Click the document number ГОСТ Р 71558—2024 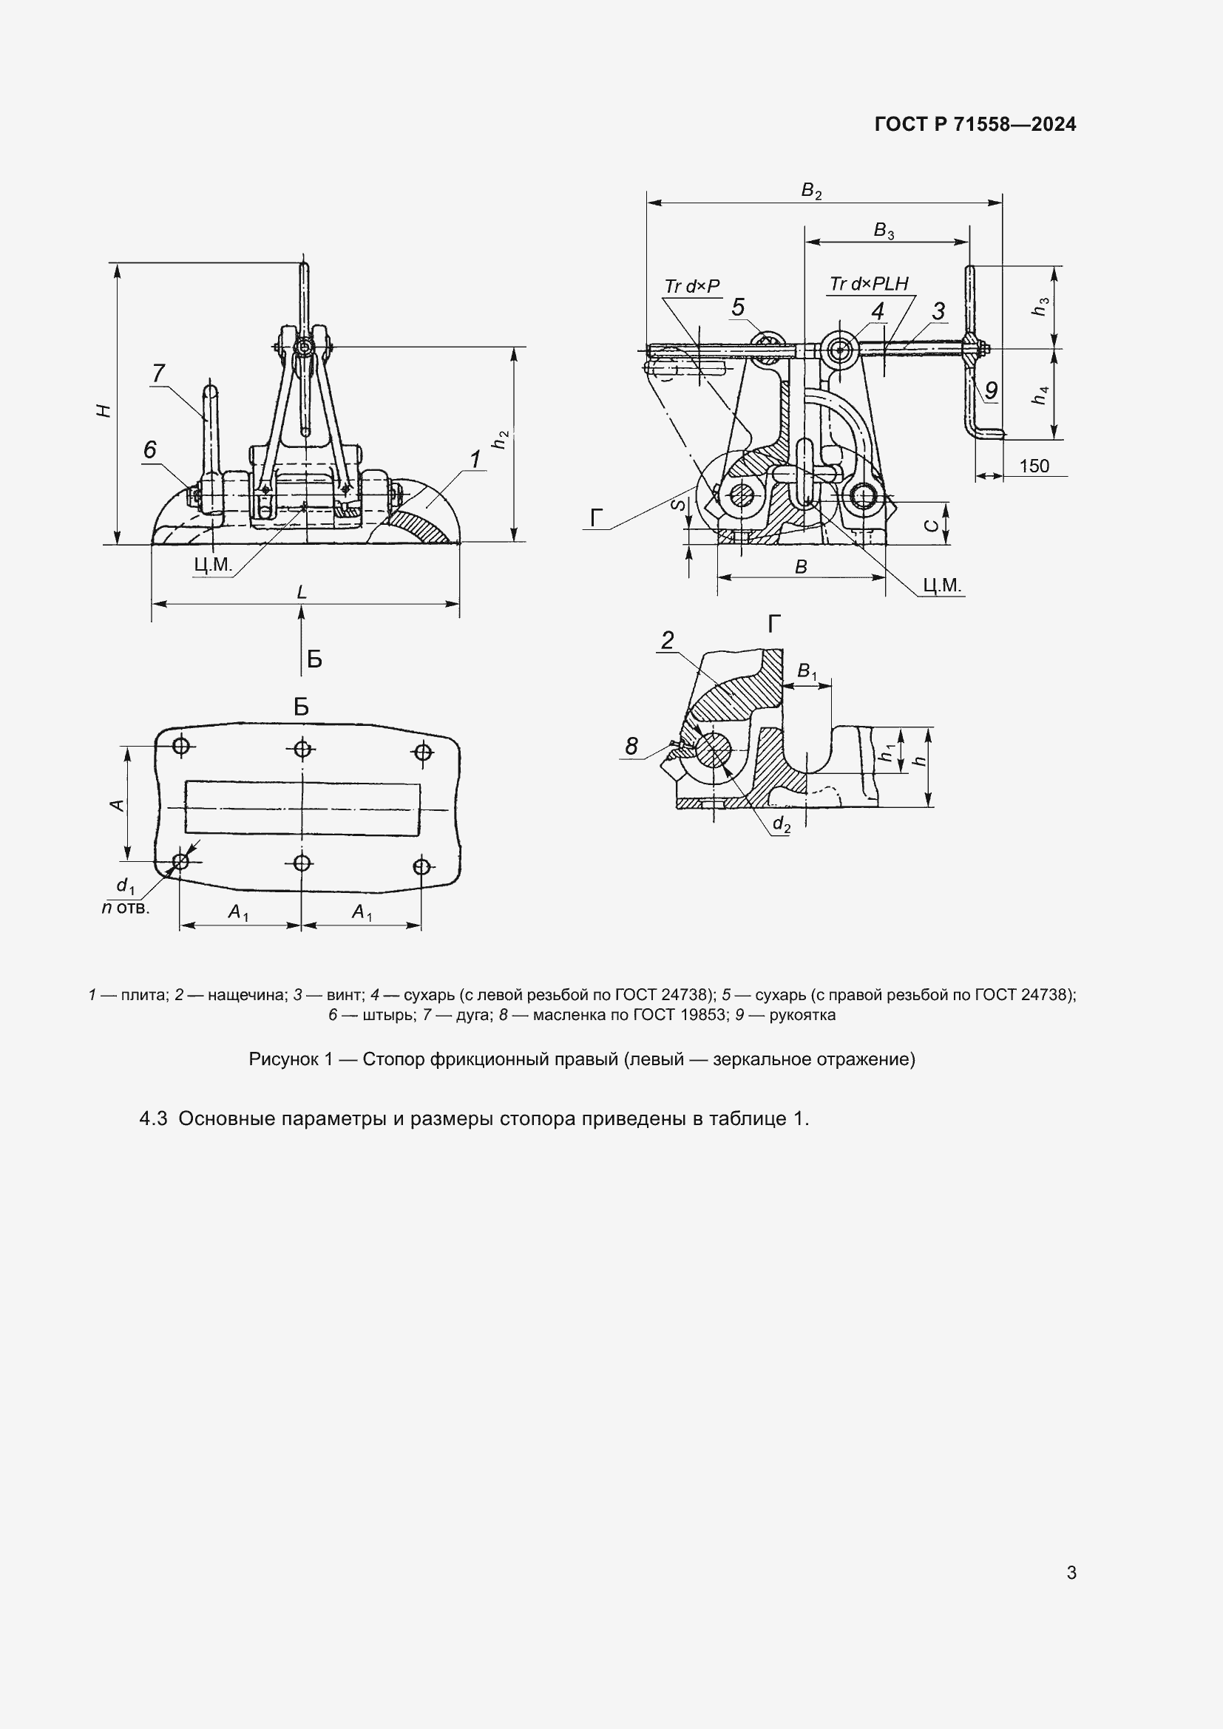pyautogui.click(x=975, y=124)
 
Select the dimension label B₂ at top pyautogui.click(x=811, y=191)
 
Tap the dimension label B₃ pyautogui.click(x=884, y=231)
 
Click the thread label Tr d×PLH pyautogui.click(x=869, y=284)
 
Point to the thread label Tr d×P pyautogui.click(x=692, y=286)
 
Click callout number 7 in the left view pyautogui.click(x=158, y=373)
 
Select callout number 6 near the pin pyautogui.click(x=150, y=449)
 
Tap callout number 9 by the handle pyautogui.click(x=991, y=390)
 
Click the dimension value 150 pyautogui.click(x=1033, y=466)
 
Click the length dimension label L pyautogui.click(x=302, y=593)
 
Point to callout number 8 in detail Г pyautogui.click(x=631, y=746)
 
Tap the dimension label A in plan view pyautogui.click(x=117, y=805)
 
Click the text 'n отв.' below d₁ pyautogui.click(x=126, y=908)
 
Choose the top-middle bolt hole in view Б pyautogui.click(x=302, y=749)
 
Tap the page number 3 pyautogui.click(x=1071, y=1572)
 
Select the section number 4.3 pyautogui.click(x=153, y=1119)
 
